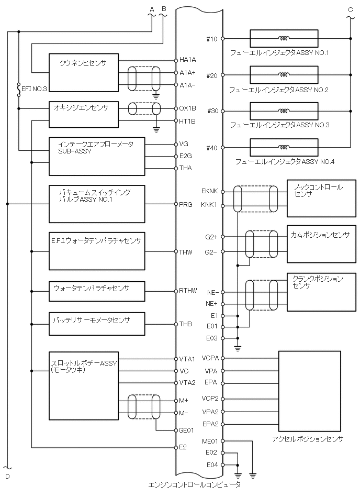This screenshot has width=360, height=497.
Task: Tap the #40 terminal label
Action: click(x=212, y=148)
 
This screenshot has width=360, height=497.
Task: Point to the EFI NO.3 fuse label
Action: click(x=35, y=88)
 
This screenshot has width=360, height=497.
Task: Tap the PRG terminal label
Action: click(x=186, y=204)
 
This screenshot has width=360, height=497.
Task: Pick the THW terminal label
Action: click(x=186, y=252)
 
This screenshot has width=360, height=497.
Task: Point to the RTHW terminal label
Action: click(x=188, y=291)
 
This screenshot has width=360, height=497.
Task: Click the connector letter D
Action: click(x=7, y=476)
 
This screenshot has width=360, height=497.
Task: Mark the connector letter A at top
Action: click(x=152, y=9)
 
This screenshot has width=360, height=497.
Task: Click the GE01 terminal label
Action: click(x=187, y=430)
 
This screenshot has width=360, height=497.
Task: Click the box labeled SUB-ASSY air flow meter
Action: click(x=96, y=157)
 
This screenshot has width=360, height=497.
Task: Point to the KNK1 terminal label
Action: click(x=210, y=206)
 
